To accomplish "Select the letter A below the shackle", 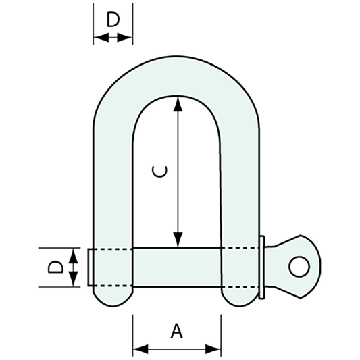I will (177, 331).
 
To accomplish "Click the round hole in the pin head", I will (297, 266).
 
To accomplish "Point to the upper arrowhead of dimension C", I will (178, 102).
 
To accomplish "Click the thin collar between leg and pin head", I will (263, 267).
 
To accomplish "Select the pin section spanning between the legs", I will (177, 267).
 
